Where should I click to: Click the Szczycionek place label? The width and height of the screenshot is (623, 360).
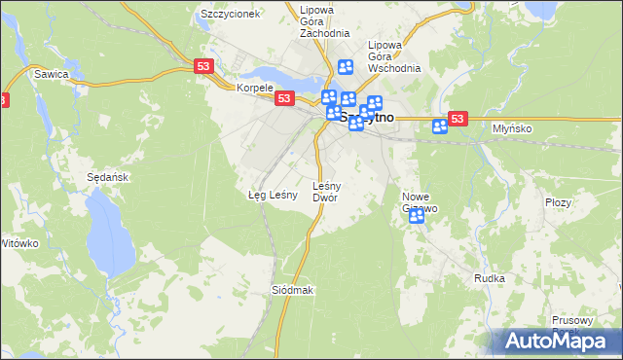click(x=230, y=15)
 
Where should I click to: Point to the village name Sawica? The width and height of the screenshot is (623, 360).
click(x=51, y=73)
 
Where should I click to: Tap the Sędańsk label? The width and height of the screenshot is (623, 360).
click(x=108, y=178)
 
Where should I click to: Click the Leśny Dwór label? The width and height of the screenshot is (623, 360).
click(x=325, y=191)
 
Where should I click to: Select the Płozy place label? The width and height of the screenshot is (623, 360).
click(x=558, y=202)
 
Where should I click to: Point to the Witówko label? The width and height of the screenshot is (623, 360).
click(x=19, y=242)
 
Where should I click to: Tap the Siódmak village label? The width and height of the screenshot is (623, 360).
click(x=293, y=291)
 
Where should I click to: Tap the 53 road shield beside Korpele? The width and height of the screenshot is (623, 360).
click(x=284, y=98)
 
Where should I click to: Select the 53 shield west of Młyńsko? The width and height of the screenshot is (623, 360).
click(x=460, y=118)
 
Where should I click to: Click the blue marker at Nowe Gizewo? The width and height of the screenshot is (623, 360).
click(x=417, y=216)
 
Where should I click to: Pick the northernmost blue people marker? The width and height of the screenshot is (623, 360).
click(x=345, y=67)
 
